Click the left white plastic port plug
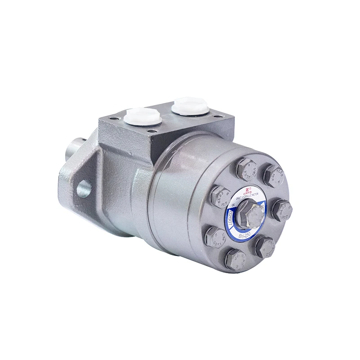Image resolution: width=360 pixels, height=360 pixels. point(143,116)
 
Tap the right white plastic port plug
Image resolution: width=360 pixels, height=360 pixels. point(190,106)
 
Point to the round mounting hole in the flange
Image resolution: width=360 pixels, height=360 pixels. point(84,188)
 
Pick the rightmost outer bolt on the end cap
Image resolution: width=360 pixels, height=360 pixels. point(282,210)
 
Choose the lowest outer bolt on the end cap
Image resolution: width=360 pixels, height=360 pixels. point(235,260)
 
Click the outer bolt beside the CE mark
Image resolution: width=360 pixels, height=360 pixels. point(220,196)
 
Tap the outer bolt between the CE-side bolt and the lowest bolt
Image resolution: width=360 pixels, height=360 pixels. point(215,236)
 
